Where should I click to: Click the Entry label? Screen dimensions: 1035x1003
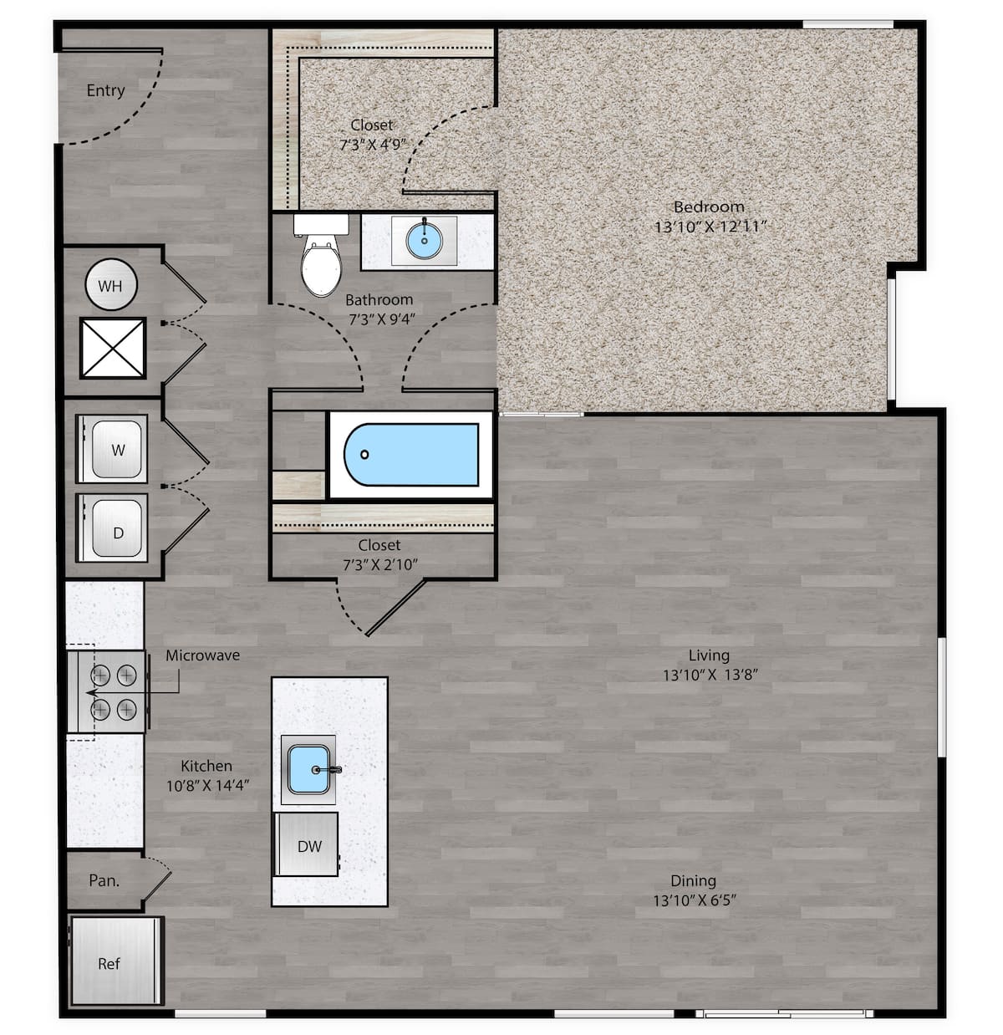(105, 90)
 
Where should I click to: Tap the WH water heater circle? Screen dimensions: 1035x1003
(110, 286)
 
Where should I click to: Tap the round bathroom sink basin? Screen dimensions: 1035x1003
(425, 241)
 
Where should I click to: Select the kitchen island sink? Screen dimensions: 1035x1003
(308, 769)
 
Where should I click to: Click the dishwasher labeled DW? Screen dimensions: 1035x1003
(307, 845)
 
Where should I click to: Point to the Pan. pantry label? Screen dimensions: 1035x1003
(104, 880)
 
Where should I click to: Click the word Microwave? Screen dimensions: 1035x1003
(202, 655)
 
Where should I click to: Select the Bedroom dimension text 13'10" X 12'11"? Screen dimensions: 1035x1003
(710, 227)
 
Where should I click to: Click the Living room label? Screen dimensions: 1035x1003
(709, 655)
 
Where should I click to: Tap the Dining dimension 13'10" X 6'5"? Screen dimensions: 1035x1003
(694, 900)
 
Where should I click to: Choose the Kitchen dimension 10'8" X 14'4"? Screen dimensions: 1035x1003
(206, 786)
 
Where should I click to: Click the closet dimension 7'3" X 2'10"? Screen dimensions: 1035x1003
(379, 565)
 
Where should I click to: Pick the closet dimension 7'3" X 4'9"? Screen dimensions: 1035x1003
(372, 145)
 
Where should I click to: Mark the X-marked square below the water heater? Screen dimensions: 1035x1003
(113, 347)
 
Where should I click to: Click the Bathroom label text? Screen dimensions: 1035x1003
(379, 299)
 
